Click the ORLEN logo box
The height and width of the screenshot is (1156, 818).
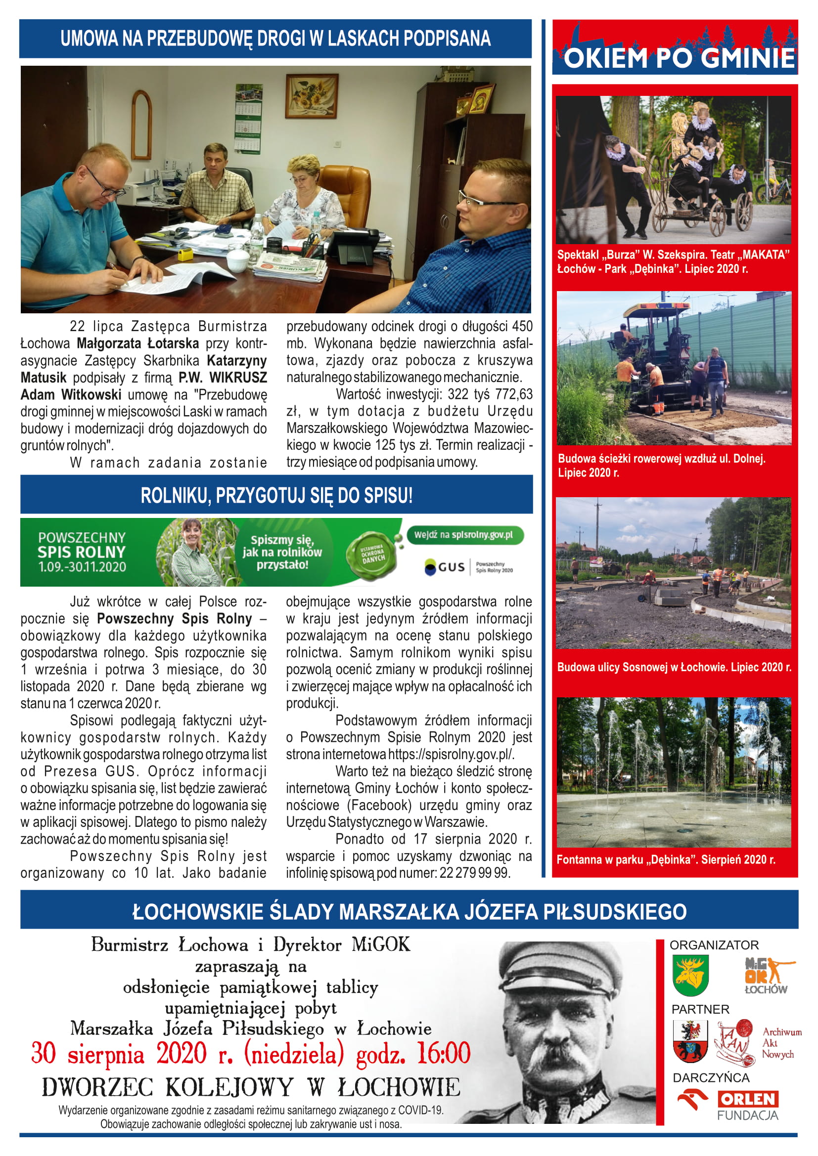tap(748, 1099)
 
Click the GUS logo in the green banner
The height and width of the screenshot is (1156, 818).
tap(445, 567)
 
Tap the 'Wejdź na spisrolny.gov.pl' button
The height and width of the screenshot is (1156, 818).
tap(464, 535)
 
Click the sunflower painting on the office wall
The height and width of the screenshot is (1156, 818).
tap(311, 96)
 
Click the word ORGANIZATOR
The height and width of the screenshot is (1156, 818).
tap(714, 945)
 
